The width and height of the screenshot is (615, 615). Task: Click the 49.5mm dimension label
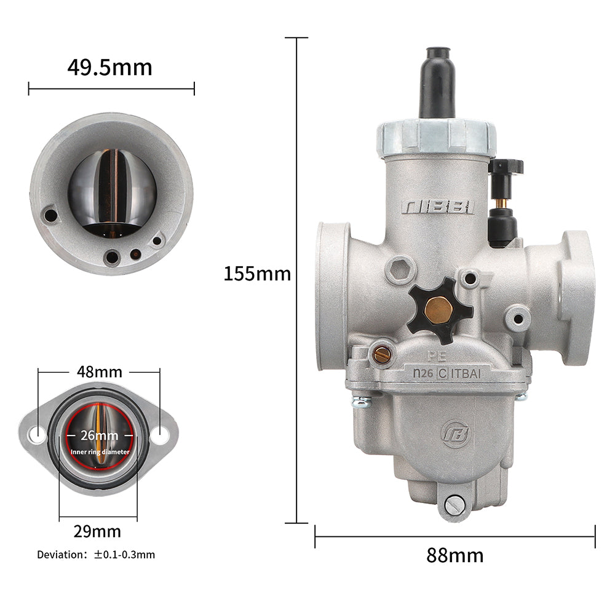pos(110,68)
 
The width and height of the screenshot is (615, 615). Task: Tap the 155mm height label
pos(257,274)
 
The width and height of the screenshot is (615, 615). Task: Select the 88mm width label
pos(455,555)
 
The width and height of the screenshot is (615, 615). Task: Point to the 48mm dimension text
pos(99,371)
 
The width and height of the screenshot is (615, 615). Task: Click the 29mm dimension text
pos(97,531)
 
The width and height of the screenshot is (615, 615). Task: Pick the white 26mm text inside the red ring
pos(99,435)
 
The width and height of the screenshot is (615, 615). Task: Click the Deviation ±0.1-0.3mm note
pos(96,555)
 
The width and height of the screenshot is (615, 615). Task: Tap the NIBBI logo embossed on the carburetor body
pos(438,207)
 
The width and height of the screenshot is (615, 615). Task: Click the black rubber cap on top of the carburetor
pos(438,83)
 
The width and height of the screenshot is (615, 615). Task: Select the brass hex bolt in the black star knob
pos(438,310)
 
